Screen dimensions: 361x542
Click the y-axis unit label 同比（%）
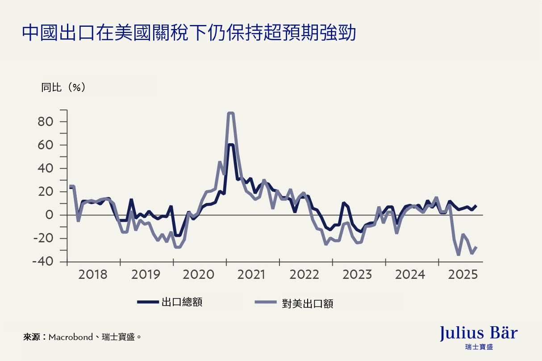click(63, 87)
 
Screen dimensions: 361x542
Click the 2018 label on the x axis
click(93, 274)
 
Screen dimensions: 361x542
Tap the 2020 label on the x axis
click(199, 274)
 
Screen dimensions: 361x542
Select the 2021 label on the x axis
click(251, 274)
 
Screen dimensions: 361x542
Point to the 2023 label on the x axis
click(357, 274)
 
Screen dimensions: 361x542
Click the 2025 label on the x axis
click(463, 274)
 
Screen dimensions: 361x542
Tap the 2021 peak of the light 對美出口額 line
click(230, 113)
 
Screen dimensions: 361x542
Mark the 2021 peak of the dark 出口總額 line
click(230, 145)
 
